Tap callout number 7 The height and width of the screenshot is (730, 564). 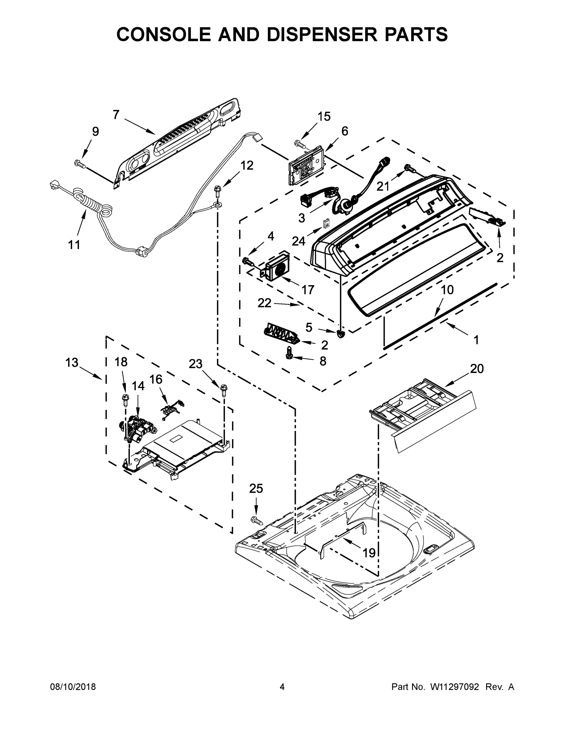(116, 115)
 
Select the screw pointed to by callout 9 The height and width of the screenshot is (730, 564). (80, 163)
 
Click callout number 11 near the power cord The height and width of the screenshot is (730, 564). (74, 245)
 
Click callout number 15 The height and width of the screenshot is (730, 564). (324, 117)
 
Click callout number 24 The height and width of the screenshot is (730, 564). (298, 241)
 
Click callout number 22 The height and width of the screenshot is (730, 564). (264, 303)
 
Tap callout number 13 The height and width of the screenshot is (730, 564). (72, 362)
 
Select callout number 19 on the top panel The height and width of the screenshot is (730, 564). (369, 553)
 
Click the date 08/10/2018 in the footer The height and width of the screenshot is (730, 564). (73, 687)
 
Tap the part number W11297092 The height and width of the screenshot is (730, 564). (455, 687)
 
